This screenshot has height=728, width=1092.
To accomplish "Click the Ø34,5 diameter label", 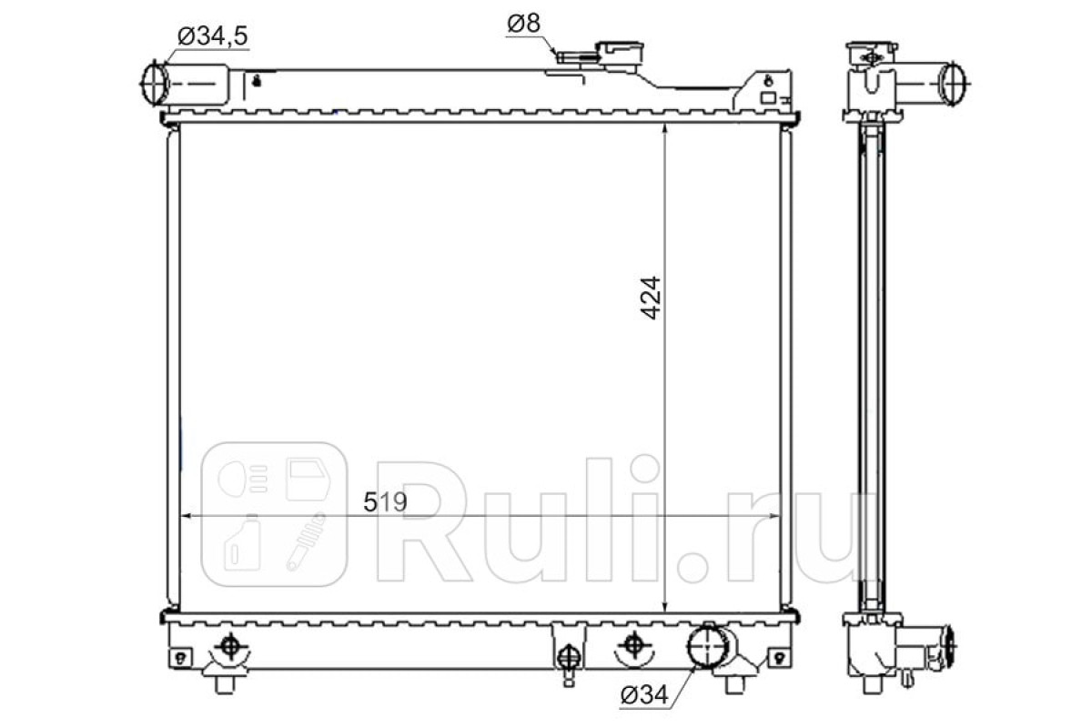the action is click(x=213, y=36).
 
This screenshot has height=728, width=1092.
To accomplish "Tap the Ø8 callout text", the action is click(x=523, y=24).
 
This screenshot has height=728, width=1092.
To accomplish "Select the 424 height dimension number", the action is click(x=651, y=298).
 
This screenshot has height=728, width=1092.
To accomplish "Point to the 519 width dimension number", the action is click(x=385, y=501).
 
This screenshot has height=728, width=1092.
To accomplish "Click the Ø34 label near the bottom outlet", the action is click(x=644, y=695).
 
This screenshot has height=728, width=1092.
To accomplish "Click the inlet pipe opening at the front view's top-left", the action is click(x=154, y=83).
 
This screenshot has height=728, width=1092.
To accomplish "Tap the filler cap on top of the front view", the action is click(x=619, y=53).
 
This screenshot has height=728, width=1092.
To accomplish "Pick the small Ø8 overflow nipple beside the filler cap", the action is click(x=576, y=57).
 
